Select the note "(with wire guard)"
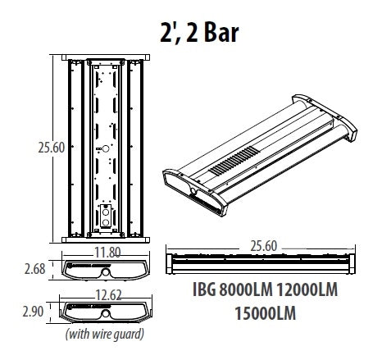coord(105,334)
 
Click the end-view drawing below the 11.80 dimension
coord(105,269)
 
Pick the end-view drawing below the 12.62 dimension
coord(105,313)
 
